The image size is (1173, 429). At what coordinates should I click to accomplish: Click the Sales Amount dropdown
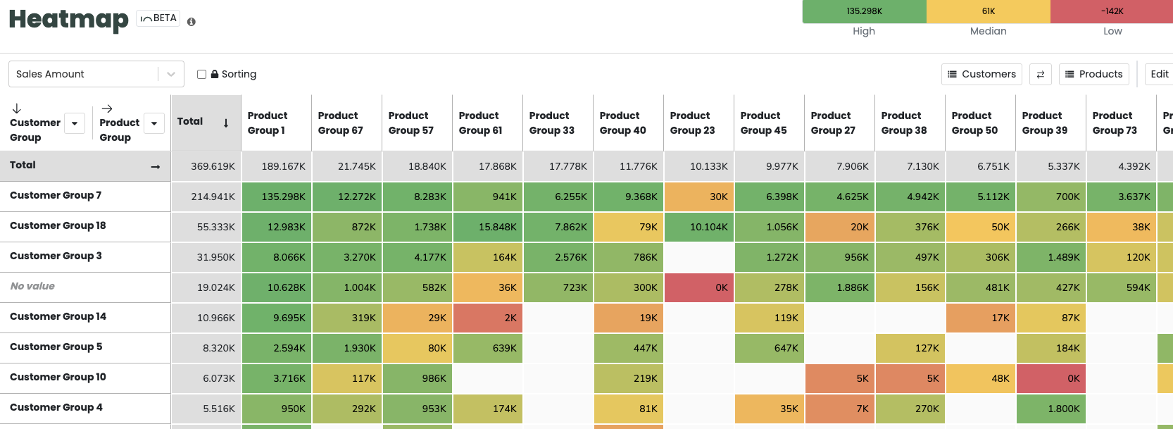96,74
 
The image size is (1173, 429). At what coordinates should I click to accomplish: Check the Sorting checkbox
202,74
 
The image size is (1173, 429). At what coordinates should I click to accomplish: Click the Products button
1093,74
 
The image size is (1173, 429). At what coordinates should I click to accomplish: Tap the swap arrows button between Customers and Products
1040,74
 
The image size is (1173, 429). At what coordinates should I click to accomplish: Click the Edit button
1159,74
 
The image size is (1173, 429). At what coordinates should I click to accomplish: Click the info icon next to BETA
192,22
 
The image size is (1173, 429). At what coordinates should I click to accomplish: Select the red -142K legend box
1112,11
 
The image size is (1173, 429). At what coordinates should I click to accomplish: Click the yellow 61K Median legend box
988,11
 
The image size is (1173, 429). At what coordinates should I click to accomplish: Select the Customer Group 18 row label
58,225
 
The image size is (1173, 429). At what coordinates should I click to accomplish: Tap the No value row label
32,286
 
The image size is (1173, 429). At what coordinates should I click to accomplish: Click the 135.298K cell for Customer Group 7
277,197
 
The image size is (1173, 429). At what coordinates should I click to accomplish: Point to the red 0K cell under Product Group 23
699,287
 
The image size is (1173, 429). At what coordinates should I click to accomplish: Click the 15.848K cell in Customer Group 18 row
488,227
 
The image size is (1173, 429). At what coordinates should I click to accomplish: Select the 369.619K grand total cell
206,166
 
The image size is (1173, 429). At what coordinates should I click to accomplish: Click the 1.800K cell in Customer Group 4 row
1051,409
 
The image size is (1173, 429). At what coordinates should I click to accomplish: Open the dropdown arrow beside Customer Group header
75,123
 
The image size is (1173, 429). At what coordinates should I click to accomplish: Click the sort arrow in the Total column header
226,123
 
